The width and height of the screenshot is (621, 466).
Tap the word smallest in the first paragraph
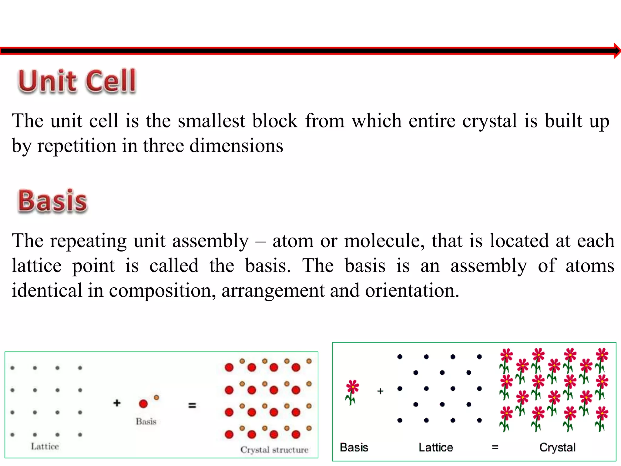coord(211,121)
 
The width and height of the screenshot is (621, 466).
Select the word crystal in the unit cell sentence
coord(489,121)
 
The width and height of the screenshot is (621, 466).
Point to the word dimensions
coord(236,146)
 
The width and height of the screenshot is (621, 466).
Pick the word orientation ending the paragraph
coord(412,290)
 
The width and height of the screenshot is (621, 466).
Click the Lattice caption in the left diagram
coord(45,446)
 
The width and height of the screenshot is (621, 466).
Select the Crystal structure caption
coord(274,450)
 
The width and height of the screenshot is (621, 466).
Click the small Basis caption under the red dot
coord(146,421)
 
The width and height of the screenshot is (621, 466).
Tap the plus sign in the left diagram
coord(117,403)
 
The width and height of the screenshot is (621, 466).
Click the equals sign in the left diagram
coord(192,405)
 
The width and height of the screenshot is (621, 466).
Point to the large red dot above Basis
coord(143,404)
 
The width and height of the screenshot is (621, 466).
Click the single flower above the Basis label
coord(352,392)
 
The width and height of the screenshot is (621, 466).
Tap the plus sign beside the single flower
coord(380,391)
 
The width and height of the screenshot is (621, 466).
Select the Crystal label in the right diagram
coord(557,447)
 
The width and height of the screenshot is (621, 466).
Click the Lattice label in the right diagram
coord(436,447)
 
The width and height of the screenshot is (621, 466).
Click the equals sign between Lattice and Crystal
coord(495,447)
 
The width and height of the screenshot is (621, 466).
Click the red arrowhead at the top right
coord(617,51)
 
